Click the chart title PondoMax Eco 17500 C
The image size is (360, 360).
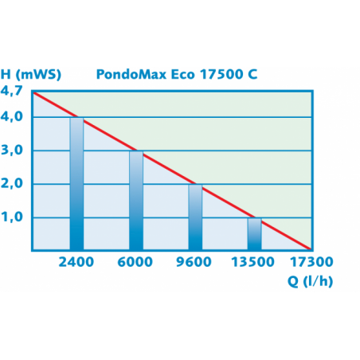coord(176,75)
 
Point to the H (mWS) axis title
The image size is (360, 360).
coord(32,75)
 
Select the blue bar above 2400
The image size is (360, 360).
coord(76,183)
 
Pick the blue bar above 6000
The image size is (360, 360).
coord(136,200)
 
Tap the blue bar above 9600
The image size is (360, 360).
coord(196,217)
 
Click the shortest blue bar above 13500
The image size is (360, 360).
coord(255,233)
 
